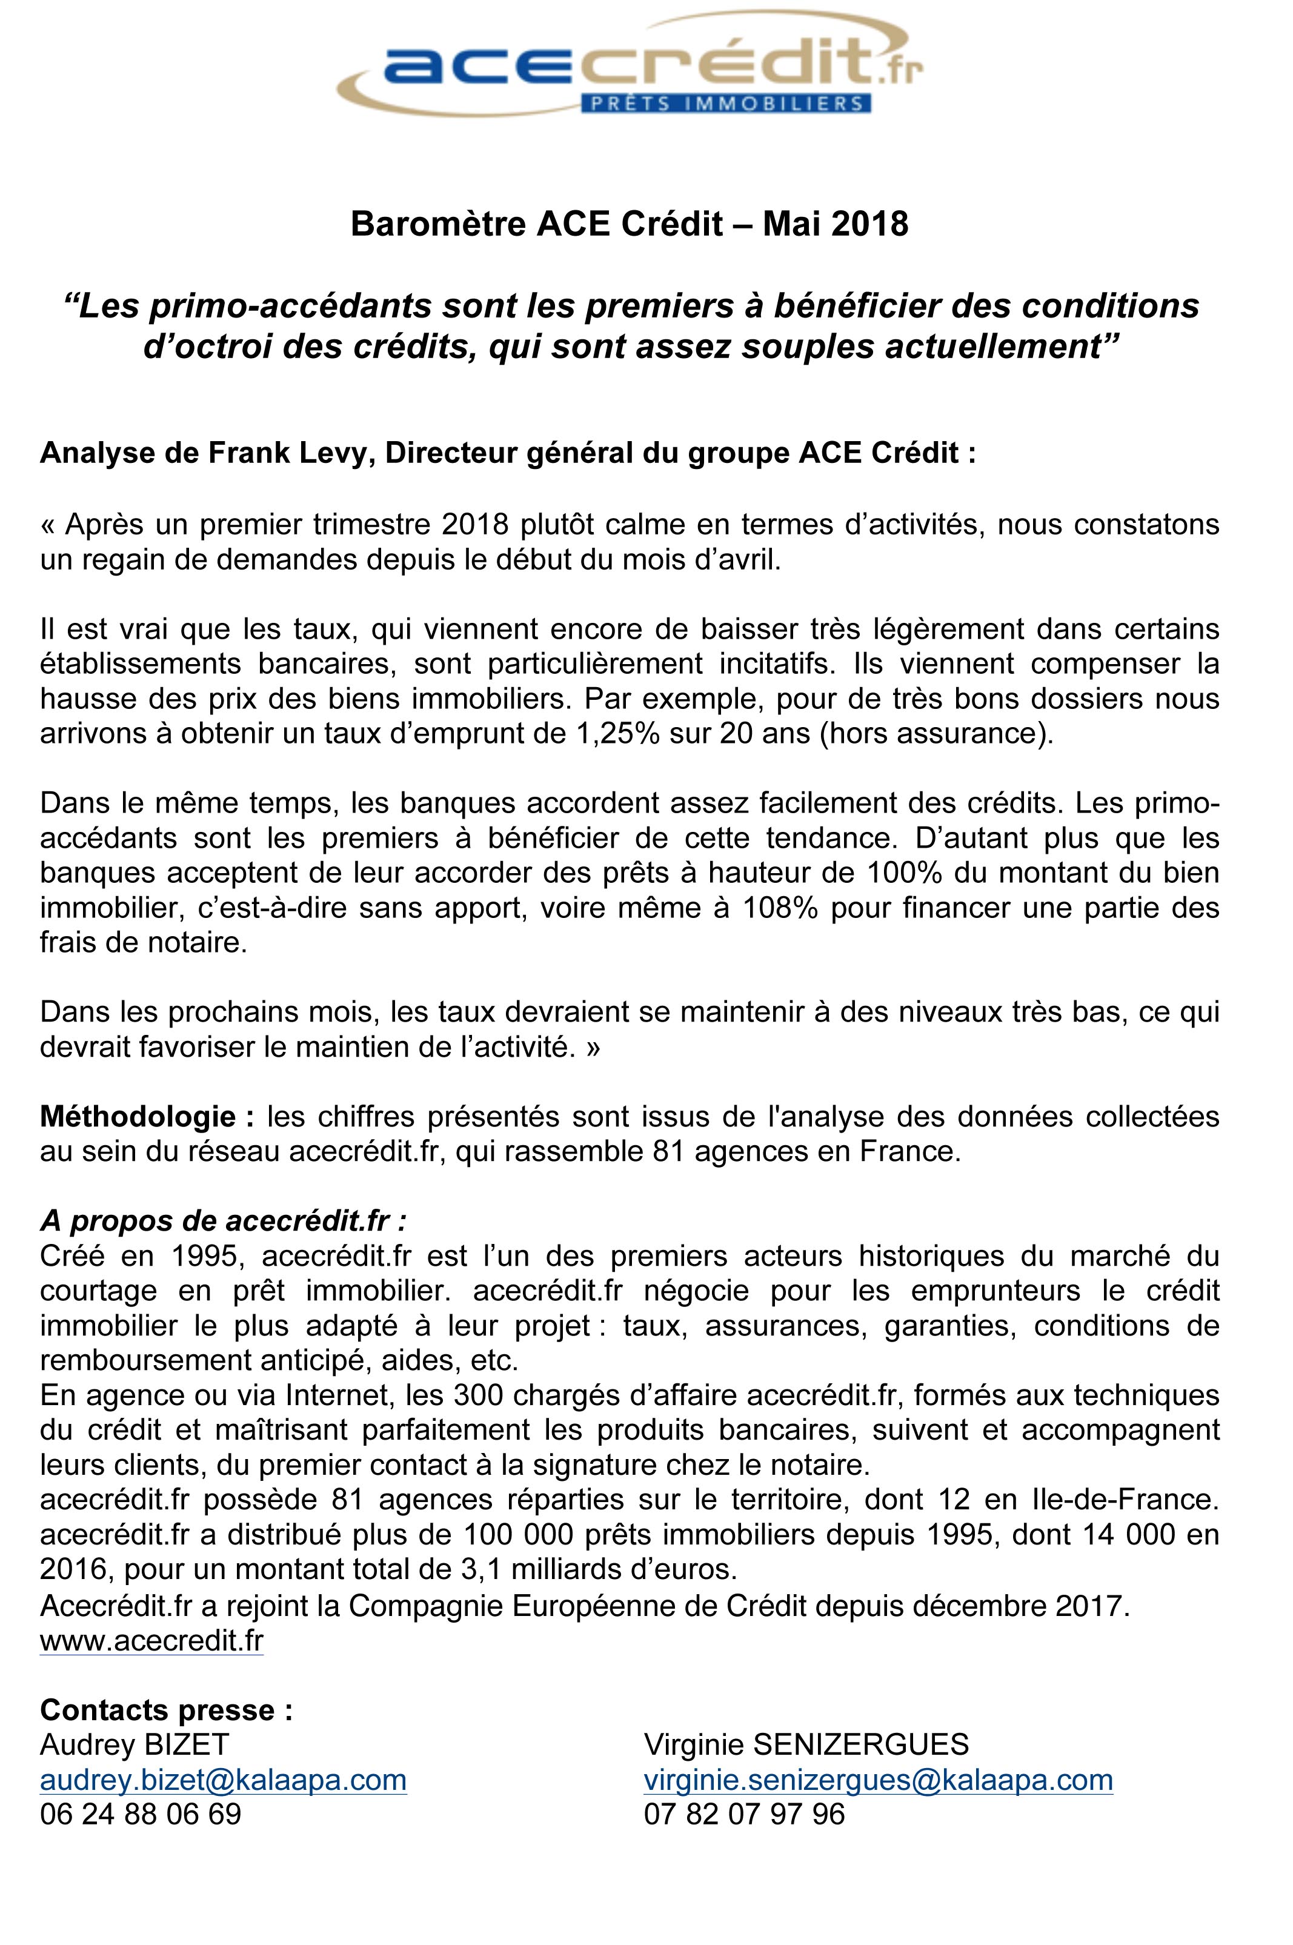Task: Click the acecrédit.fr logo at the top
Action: click(x=631, y=66)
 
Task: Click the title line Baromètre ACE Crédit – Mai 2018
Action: click(x=629, y=224)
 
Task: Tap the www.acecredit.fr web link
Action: click(x=151, y=1641)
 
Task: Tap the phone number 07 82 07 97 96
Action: click(x=745, y=1814)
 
